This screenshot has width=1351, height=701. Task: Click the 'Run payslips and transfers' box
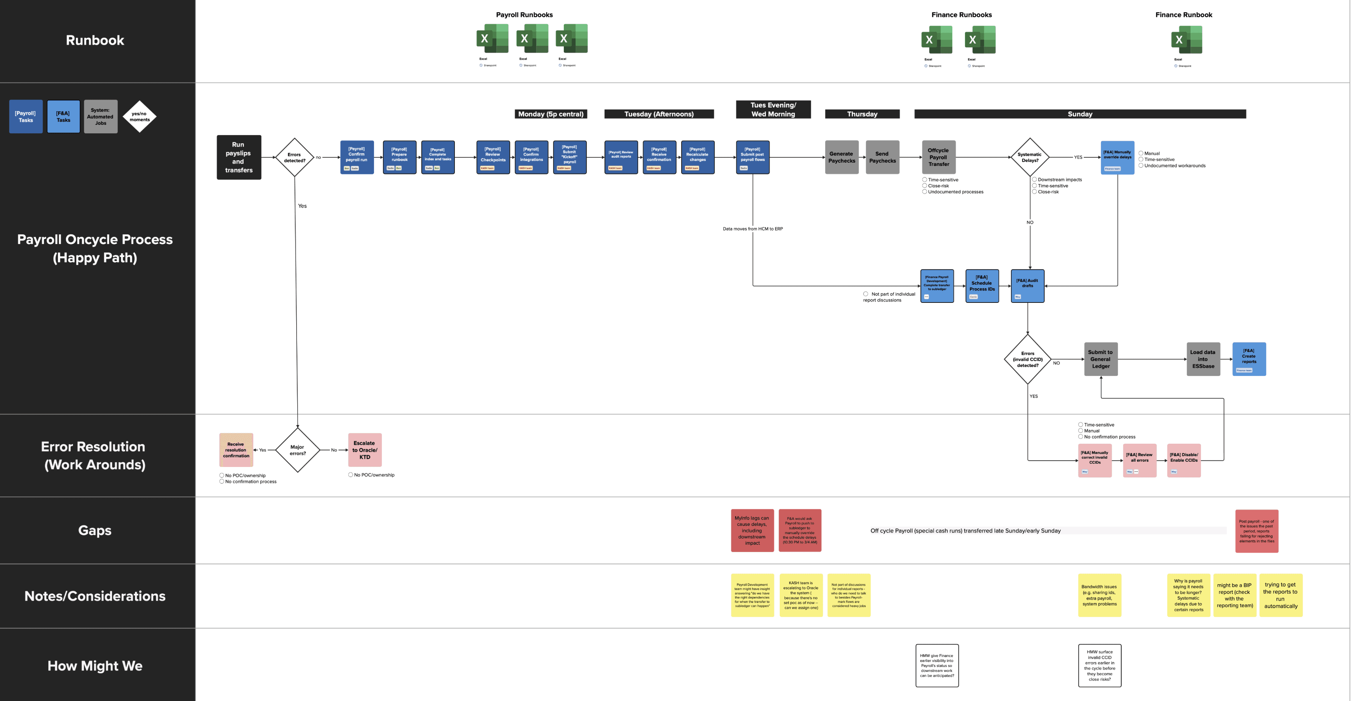(239, 157)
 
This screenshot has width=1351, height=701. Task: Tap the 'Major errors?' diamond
(297, 450)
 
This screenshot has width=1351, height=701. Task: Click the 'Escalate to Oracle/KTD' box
(365, 450)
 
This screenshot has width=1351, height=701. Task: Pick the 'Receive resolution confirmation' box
(236, 450)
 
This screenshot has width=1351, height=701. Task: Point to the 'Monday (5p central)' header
(551, 114)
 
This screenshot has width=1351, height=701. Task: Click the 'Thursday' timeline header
(862, 114)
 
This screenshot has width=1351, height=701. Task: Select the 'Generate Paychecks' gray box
(841, 157)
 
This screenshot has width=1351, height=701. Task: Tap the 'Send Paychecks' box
(882, 157)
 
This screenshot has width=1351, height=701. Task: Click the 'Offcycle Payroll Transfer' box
(939, 157)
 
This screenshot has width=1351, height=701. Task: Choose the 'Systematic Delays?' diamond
(1029, 157)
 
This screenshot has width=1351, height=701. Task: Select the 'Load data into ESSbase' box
(1203, 359)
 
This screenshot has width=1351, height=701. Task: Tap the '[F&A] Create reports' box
(1249, 359)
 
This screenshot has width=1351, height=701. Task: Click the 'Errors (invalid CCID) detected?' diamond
(1028, 359)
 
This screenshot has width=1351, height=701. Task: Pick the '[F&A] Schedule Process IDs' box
(982, 286)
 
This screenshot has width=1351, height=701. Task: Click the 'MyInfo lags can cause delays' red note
(752, 530)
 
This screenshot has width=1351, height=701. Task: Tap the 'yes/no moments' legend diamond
(140, 116)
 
